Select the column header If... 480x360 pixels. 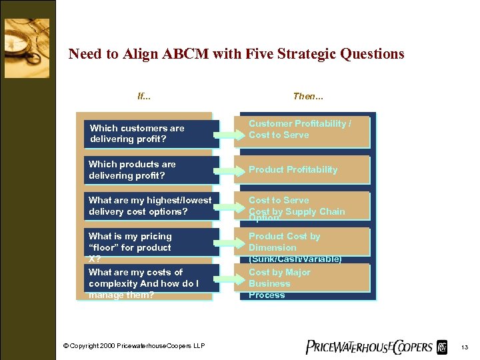pos(143,96)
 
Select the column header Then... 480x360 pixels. pos(308,96)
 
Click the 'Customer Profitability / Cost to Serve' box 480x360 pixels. pos(305,129)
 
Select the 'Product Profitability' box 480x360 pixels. pos(305,169)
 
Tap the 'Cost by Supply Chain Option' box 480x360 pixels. pos(305,206)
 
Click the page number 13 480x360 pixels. pos(464,347)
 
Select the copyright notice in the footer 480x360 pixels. pos(134,345)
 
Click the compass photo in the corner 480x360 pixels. pos(27,39)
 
